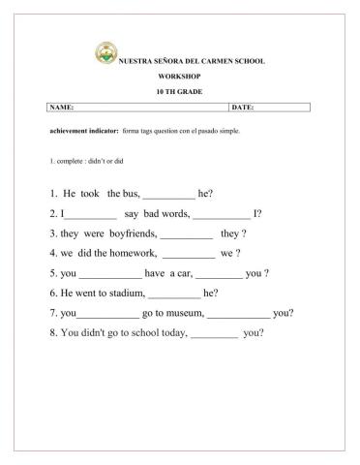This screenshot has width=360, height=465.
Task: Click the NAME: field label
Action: pos(60,107)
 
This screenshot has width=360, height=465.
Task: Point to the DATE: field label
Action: pos(242,107)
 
